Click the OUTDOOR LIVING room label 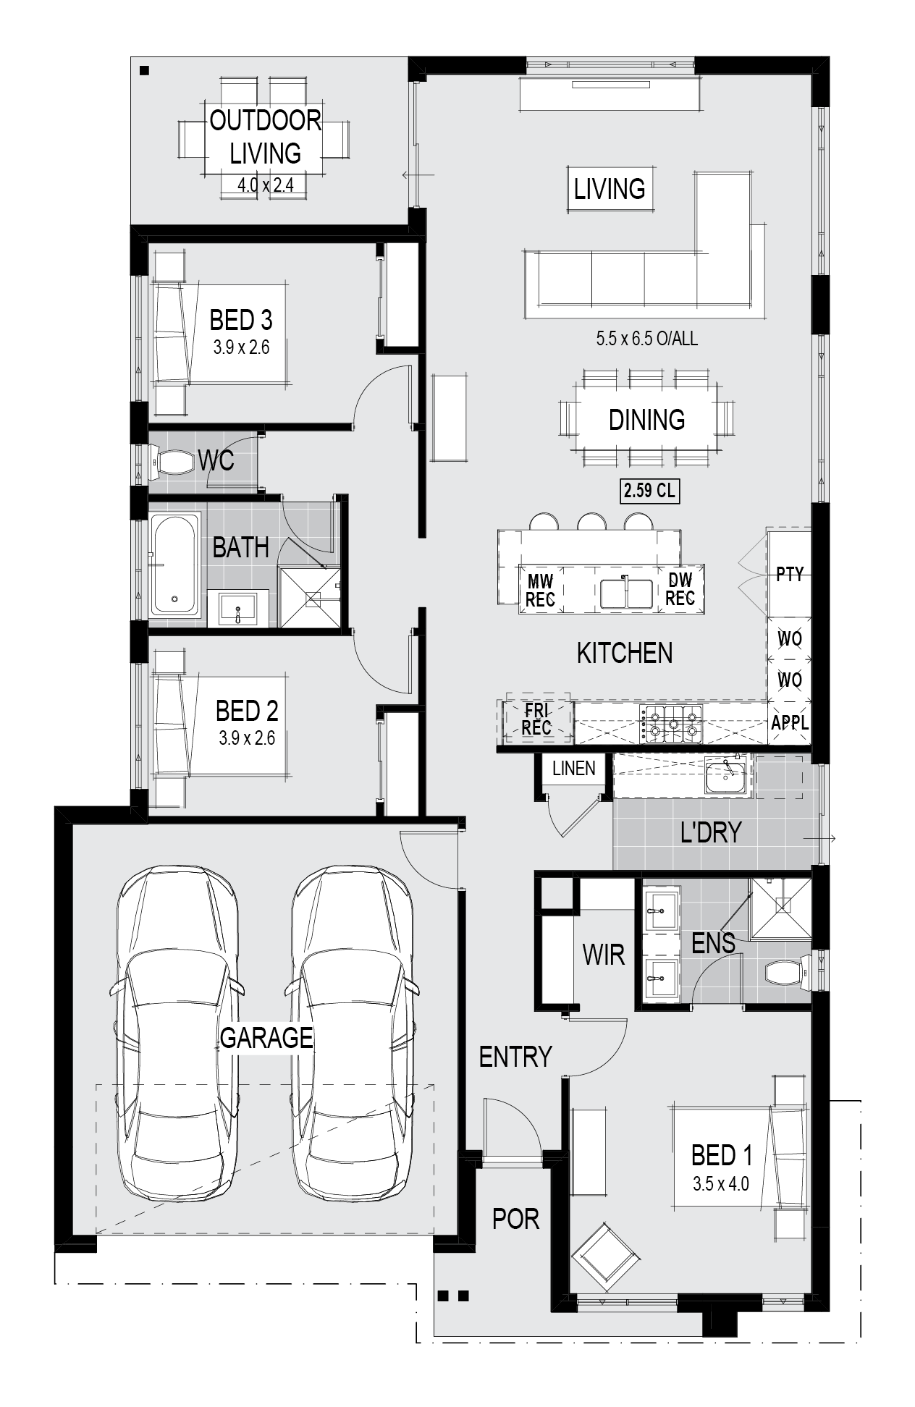coord(266,137)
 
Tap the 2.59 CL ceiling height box coord(649,491)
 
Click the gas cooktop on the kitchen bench coord(671,723)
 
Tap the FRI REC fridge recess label coord(537,719)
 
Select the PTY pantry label coord(790,574)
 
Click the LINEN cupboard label coord(574,769)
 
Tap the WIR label coord(604,955)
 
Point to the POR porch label coord(516,1219)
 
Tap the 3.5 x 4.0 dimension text coord(720,1184)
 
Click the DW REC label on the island coord(680,588)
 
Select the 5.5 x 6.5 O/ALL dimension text coord(647,338)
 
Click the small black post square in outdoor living coord(144,70)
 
